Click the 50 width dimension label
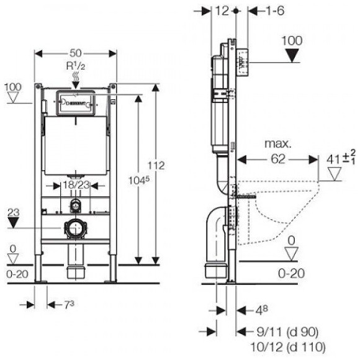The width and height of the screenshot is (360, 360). [76, 53]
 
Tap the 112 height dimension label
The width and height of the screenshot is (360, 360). [156, 166]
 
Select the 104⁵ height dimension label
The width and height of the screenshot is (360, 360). [138, 181]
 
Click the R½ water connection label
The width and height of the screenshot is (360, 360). [76, 66]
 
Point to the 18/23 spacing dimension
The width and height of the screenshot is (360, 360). [76, 185]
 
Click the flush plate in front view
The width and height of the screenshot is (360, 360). [76, 103]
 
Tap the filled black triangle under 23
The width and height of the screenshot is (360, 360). [13, 223]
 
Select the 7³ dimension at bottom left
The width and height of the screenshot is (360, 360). [69, 305]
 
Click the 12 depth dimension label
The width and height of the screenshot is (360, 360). [222, 11]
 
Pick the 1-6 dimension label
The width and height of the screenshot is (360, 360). [275, 11]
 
